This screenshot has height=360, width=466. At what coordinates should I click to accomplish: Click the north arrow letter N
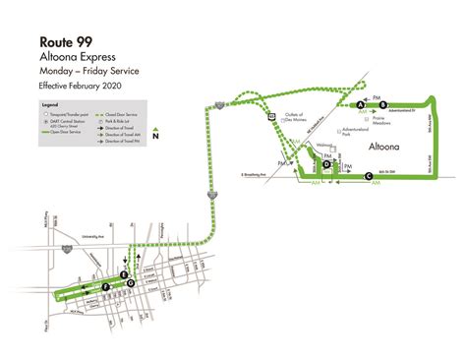(169, 123)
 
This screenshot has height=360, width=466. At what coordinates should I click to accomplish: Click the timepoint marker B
(384, 103)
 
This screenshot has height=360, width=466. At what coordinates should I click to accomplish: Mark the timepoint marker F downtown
(105, 286)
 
